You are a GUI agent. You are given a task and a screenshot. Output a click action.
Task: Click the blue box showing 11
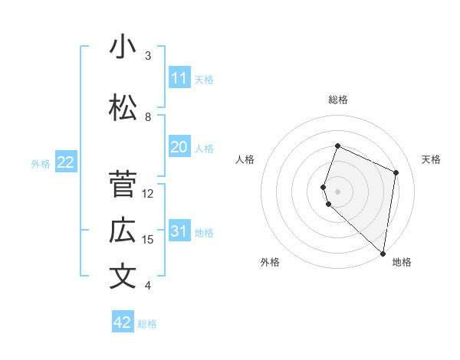tap(179, 78)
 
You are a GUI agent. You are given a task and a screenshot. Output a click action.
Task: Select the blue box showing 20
tap(179, 147)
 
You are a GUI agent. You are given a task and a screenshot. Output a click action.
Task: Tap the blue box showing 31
tap(179, 231)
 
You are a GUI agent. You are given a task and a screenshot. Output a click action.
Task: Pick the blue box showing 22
tap(66, 162)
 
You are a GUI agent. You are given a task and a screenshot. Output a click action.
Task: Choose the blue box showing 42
tap(123, 322)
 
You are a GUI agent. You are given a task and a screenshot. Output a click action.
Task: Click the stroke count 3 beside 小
tap(148, 56)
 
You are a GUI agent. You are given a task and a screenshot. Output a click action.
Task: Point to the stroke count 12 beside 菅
tap(148, 193)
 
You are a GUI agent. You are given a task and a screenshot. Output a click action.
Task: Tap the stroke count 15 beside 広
tap(148, 240)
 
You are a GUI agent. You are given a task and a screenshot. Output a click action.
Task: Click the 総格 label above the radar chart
tap(338, 100)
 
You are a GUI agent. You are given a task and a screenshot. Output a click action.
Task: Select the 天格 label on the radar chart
tap(431, 159)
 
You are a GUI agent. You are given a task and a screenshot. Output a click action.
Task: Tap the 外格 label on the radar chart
tap(270, 262)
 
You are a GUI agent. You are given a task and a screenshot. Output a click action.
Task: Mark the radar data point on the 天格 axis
tap(396, 172)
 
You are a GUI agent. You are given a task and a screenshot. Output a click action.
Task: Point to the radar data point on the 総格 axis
tap(337, 146)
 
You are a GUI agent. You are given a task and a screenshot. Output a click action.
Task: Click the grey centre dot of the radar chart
tap(337, 191)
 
